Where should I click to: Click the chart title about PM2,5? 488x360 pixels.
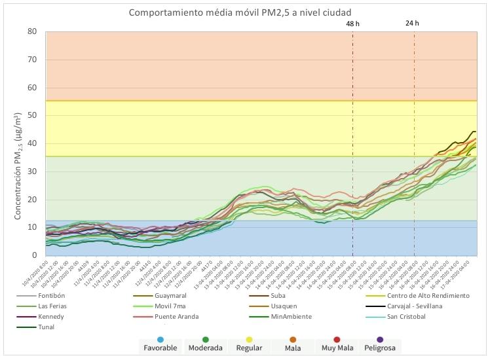pos(244,12)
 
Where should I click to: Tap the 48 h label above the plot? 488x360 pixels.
pos(353,24)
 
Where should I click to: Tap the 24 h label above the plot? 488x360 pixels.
pos(412,24)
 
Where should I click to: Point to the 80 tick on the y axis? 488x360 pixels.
pos(32,31)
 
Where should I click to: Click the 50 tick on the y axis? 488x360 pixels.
pos(32,115)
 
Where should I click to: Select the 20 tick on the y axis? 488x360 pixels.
pos(32,200)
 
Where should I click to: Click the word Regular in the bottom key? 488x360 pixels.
pos(249,348)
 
